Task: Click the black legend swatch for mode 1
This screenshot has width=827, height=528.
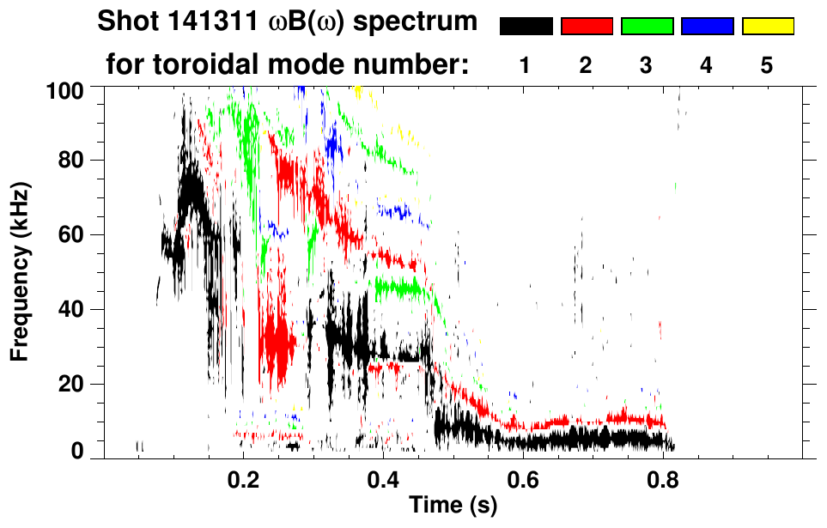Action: (x=526, y=27)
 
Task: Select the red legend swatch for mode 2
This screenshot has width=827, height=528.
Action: (x=587, y=27)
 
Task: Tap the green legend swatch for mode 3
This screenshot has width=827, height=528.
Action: (x=647, y=27)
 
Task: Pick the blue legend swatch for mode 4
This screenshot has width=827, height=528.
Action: (x=707, y=27)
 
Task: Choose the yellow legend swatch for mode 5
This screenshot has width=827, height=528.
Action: (x=767, y=27)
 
